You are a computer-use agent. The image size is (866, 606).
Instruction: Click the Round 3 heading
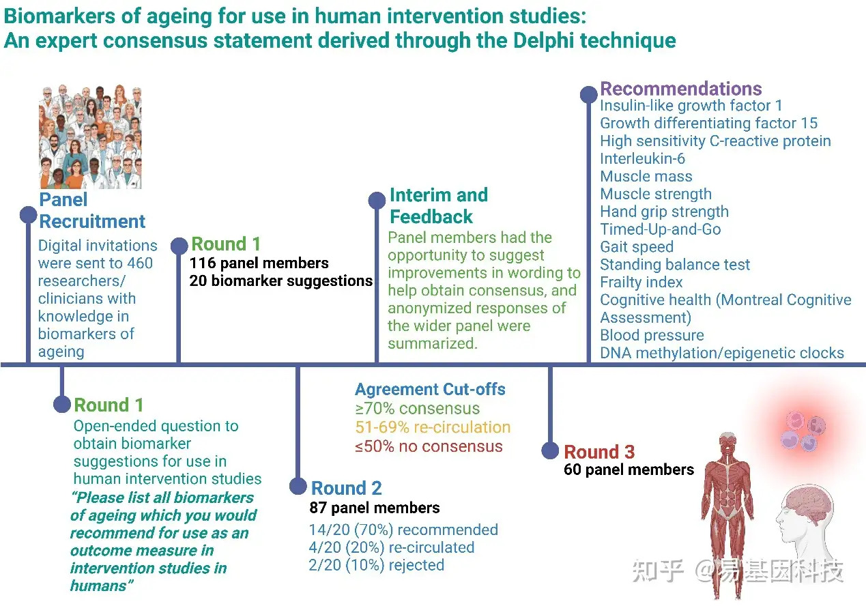click(599, 452)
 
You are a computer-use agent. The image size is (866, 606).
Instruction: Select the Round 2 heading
click(346, 488)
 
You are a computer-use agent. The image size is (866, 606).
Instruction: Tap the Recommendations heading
click(680, 89)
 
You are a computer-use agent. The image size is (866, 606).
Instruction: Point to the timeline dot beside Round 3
click(550, 450)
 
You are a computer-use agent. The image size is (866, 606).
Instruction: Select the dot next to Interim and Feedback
click(377, 200)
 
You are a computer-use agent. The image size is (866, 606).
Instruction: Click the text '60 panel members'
click(629, 470)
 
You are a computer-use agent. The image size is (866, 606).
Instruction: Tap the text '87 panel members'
click(374, 508)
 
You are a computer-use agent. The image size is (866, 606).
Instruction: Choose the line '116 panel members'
click(259, 263)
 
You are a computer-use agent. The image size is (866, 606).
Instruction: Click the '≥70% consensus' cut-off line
click(417, 409)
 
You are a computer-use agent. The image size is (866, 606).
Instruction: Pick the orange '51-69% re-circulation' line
click(433, 427)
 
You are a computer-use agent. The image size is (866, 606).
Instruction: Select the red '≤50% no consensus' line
click(429, 446)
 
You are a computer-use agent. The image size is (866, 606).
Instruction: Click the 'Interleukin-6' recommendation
click(642, 158)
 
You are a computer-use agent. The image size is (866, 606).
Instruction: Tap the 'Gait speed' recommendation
click(637, 246)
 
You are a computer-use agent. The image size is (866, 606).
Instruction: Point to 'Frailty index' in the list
click(641, 282)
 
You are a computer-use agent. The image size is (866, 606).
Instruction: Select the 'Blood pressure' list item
click(652, 335)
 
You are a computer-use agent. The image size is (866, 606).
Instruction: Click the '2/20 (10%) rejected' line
click(377, 565)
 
